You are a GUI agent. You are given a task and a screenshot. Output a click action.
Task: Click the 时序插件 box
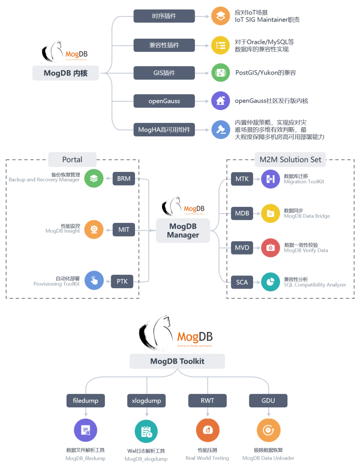click(x=164, y=16)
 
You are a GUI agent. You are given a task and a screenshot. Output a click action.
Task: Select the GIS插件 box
click(x=164, y=73)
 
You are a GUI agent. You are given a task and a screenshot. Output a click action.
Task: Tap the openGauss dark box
click(x=164, y=101)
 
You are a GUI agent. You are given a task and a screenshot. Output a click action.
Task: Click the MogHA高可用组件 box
click(x=164, y=130)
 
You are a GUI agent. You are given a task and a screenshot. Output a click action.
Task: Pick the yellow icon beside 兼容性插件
click(x=220, y=45)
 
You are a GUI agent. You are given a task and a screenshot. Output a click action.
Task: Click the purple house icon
click(x=220, y=101)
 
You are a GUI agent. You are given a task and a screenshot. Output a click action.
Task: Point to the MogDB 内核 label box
click(x=66, y=73)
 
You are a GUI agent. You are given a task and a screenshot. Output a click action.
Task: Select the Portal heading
click(x=72, y=160)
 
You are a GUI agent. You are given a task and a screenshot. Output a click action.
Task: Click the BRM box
click(x=124, y=179)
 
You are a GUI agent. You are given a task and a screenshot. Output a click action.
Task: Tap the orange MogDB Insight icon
click(x=94, y=230)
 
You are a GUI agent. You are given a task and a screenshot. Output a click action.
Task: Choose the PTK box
click(x=122, y=281)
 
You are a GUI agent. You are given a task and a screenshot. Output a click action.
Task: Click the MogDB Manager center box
click(x=183, y=231)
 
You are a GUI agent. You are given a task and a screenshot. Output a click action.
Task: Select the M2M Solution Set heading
click(x=290, y=160)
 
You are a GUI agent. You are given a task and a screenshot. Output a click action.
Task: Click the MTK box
click(x=242, y=179)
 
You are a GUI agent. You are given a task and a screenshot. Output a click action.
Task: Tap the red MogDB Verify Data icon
click(x=270, y=247)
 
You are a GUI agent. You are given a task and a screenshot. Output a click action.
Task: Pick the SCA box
click(x=242, y=282)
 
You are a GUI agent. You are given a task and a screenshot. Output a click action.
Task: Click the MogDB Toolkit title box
click(x=177, y=361)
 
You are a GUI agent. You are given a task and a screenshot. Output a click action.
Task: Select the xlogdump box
click(x=146, y=401)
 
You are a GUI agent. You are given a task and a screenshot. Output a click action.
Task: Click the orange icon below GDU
click(x=268, y=430)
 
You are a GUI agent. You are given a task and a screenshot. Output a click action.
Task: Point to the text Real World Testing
click(x=207, y=458)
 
